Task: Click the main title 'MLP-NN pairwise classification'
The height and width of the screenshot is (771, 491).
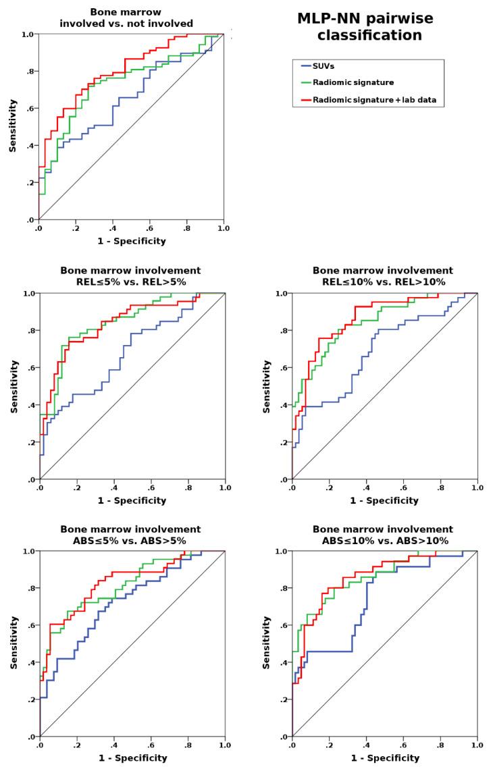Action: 365,27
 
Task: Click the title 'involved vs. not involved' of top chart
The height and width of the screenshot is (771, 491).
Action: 130,23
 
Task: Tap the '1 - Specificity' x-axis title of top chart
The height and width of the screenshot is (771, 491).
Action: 130,240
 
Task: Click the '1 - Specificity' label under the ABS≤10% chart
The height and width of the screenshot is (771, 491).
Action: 384,758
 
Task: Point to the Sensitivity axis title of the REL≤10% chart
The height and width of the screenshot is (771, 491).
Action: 266,386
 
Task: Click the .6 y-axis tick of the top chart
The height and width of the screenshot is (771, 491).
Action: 28,108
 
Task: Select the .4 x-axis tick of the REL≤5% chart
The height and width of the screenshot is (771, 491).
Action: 114,487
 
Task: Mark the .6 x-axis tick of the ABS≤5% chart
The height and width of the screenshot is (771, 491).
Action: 151,745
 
